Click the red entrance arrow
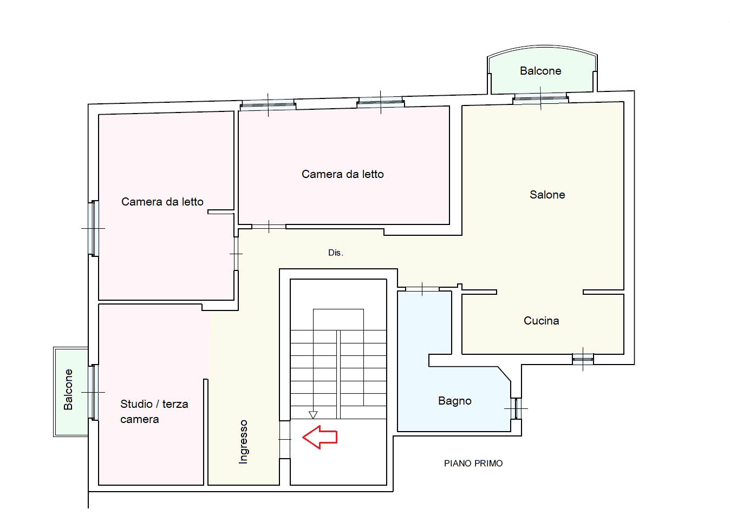(x=320, y=437)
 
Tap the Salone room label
(x=547, y=195)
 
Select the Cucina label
(x=542, y=321)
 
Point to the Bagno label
(x=454, y=401)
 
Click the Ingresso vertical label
(x=243, y=442)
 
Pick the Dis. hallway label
(x=336, y=253)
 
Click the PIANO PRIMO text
(x=473, y=463)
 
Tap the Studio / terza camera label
(x=154, y=412)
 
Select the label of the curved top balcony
(x=540, y=71)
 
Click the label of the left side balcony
(x=68, y=389)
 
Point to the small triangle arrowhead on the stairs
(x=313, y=415)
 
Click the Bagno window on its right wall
(x=516, y=408)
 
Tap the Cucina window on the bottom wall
(x=583, y=359)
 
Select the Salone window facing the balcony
(x=540, y=98)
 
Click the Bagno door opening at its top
(x=422, y=289)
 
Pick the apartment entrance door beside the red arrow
(x=284, y=440)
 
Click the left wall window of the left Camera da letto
(x=94, y=228)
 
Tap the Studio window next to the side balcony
(x=94, y=392)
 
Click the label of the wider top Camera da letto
(x=342, y=174)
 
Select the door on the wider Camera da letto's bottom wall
(x=269, y=227)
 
